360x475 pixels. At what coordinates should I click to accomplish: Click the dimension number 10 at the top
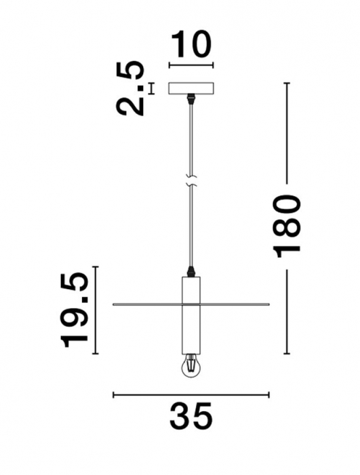point(191,45)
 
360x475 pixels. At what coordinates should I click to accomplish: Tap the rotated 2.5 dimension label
point(131,88)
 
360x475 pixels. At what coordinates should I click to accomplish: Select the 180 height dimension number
point(287,225)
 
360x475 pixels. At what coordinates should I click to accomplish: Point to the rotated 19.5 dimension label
point(75,309)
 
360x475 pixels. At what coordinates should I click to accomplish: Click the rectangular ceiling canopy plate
point(191,89)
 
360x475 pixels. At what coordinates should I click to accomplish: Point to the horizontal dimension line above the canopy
point(191,66)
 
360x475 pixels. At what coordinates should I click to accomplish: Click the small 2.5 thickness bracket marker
point(151,88)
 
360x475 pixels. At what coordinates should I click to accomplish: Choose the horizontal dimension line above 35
point(191,394)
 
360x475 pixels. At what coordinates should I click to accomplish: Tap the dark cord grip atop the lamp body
point(192,271)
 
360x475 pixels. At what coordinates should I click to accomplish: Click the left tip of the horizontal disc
point(114,305)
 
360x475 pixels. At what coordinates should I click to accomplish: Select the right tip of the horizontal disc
point(268,305)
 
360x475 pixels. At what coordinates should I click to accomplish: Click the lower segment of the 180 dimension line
point(287,312)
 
